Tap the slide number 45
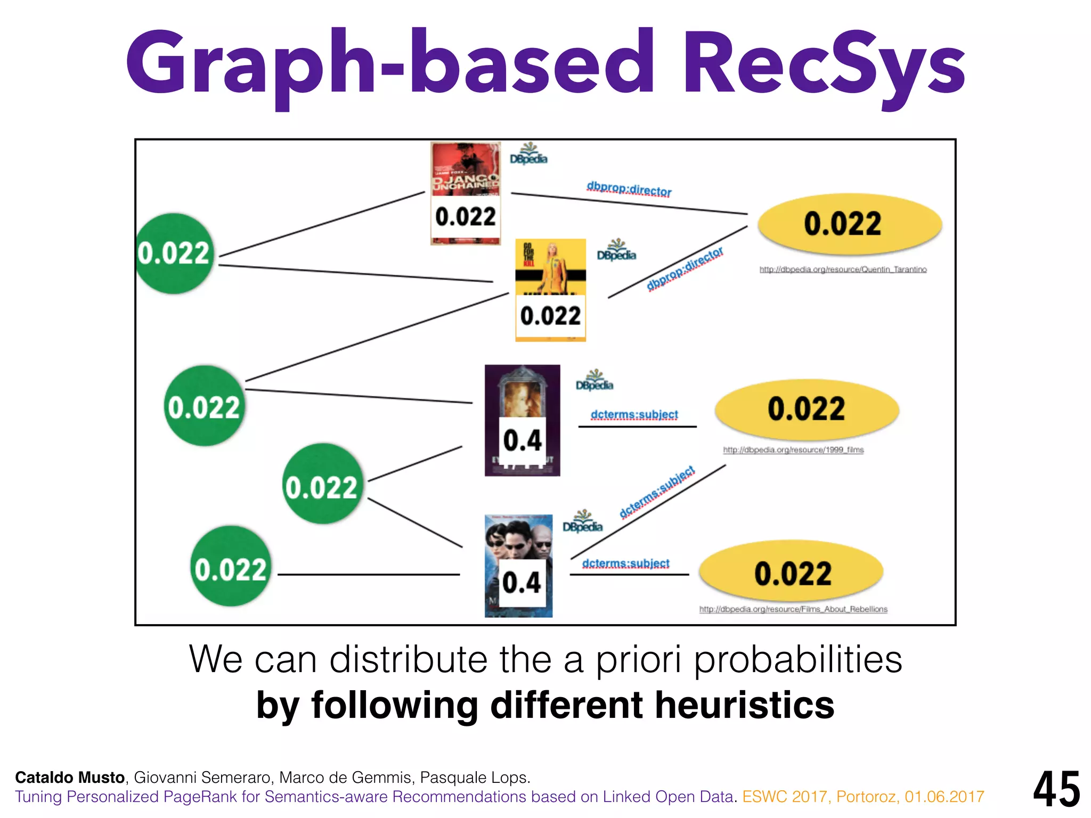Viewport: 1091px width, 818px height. (x=1056, y=789)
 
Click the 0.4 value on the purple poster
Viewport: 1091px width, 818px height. (x=522, y=441)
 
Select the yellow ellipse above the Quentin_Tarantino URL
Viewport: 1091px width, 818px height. (x=850, y=224)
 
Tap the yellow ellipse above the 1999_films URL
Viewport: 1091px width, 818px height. (x=807, y=409)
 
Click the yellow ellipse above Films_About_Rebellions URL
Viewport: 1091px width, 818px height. (x=792, y=573)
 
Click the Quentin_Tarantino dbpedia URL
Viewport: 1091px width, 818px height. (x=843, y=269)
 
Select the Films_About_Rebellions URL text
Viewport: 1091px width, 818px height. (x=793, y=609)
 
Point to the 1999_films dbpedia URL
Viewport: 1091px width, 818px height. (x=793, y=450)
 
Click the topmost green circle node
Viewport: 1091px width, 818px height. (x=174, y=253)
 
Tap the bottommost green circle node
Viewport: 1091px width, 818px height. (x=230, y=567)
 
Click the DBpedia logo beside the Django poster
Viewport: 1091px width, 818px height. (x=528, y=154)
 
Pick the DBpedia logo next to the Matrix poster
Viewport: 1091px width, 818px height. (x=582, y=521)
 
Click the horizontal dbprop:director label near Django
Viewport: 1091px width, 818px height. (x=629, y=190)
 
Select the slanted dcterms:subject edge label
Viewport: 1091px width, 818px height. (x=657, y=492)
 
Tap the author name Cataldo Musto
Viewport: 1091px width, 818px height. (x=70, y=778)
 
